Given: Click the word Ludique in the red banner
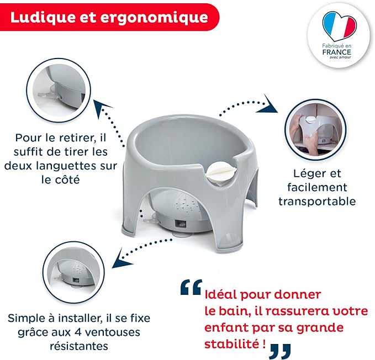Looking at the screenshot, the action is point(43,17).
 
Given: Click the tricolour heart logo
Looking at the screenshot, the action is point(339,25).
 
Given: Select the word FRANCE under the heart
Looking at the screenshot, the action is point(336,52).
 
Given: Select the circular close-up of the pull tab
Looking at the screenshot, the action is point(58,90).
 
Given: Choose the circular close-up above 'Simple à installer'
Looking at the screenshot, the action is point(73,273).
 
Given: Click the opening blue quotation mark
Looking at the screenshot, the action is point(191,287).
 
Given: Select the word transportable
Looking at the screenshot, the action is point(317,202).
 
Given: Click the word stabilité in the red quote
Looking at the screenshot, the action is point(231,344).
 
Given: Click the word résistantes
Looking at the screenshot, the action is point(79,346).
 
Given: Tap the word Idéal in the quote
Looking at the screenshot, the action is point(220,294).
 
